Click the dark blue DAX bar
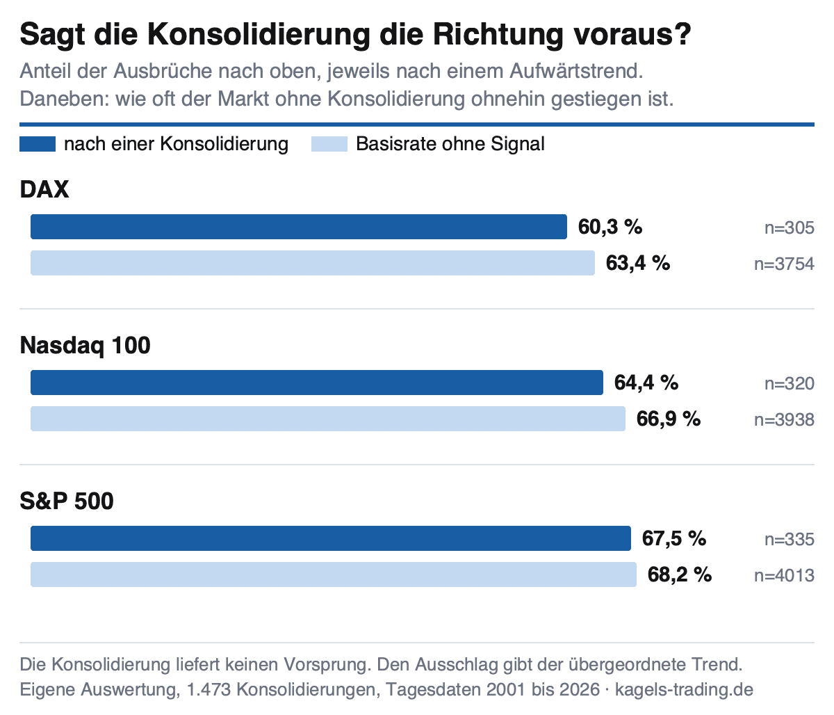coord(299,227)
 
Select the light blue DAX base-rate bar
coord(313,263)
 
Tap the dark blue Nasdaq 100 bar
coord(317,383)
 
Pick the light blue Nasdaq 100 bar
coord(328,419)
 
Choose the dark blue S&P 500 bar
coord(331,538)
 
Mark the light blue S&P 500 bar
coord(334,575)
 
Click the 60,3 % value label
coord(610,227)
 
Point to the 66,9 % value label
coord(669,419)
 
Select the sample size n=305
coord(790,228)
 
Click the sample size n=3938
coord(785,420)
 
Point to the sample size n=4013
coord(785,576)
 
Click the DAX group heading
coord(44,189)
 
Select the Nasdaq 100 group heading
coord(85,346)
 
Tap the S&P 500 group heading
coord(67,501)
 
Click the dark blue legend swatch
coord(38,144)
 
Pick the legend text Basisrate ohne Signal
coord(450,144)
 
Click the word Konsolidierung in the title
coord(259,35)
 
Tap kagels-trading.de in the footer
coord(685,689)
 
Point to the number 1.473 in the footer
coord(208,689)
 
